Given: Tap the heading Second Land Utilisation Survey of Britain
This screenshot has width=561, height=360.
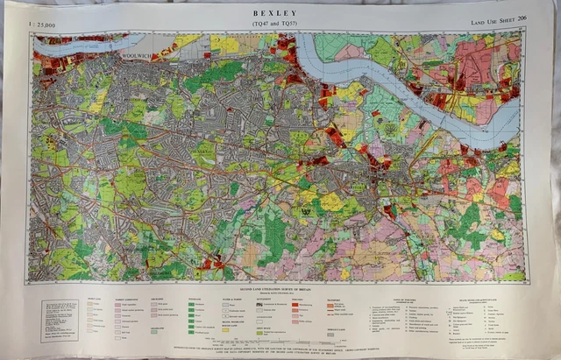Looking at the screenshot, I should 280,287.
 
